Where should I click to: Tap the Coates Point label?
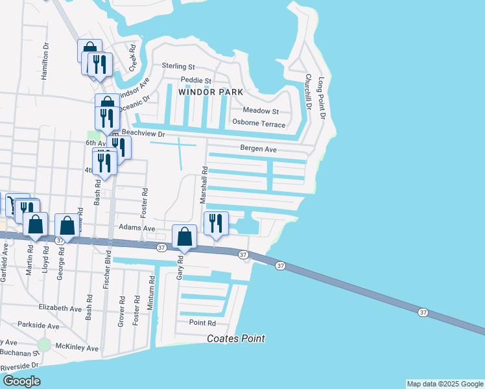click(236, 338)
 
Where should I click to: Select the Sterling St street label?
click(179, 66)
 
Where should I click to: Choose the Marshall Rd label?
click(204, 183)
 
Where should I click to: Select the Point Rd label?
click(202, 323)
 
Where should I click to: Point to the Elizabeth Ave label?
click(61, 307)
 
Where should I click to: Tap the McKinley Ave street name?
click(77, 348)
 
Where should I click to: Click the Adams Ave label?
click(137, 228)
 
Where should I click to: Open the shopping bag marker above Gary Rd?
click(185, 237)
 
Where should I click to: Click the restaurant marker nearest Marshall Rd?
click(216, 222)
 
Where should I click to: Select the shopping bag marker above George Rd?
click(67, 226)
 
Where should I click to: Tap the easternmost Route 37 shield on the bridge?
click(423, 312)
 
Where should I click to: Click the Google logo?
click(21, 381)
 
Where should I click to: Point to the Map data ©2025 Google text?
click(444, 384)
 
